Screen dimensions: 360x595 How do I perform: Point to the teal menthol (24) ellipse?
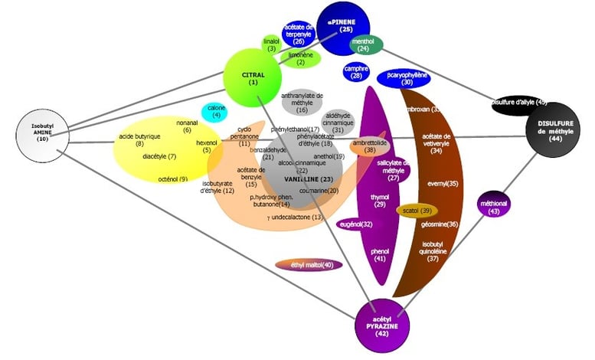pos(366,46)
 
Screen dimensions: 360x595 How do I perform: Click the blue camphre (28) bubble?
pos(356,72)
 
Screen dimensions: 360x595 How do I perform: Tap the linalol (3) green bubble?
pos(271,44)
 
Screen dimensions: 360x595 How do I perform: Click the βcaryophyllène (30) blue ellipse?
pos(404,79)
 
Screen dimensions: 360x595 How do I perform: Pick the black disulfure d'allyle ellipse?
pos(518,103)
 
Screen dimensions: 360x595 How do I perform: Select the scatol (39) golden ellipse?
pos(417,210)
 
